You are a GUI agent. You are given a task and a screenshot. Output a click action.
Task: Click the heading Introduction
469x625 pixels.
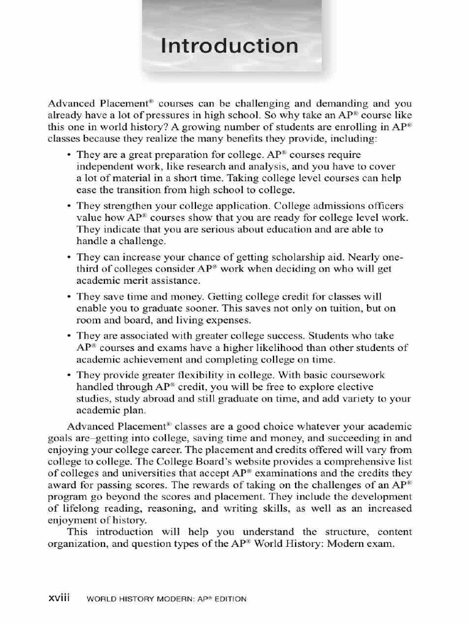[230, 46]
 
